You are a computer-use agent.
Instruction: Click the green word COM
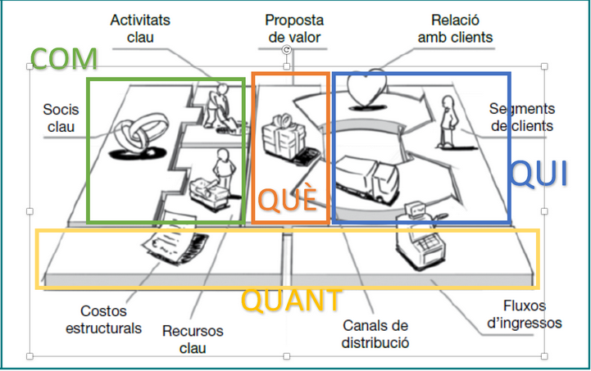click(x=64, y=59)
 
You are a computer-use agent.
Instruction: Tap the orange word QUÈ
click(x=287, y=198)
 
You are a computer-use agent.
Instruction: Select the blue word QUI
click(x=539, y=174)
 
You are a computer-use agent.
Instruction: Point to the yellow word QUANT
click(x=291, y=301)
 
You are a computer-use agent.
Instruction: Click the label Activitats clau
click(x=140, y=29)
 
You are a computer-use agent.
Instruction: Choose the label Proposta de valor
click(x=294, y=29)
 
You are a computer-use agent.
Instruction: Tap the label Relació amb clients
click(x=455, y=29)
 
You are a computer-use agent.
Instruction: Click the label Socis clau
click(x=61, y=118)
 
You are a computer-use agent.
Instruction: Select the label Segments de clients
click(x=522, y=117)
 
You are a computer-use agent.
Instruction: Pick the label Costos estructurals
click(x=103, y=319)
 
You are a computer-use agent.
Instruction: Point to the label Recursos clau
click(x=193, y=339)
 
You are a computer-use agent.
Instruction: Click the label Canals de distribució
click(x=375, y=334)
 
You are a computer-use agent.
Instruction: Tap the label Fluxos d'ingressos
click(x=525, y=314)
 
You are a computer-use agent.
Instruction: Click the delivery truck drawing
click(x=366, y=180)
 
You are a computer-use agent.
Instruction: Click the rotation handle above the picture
click(x=286, y=50)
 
